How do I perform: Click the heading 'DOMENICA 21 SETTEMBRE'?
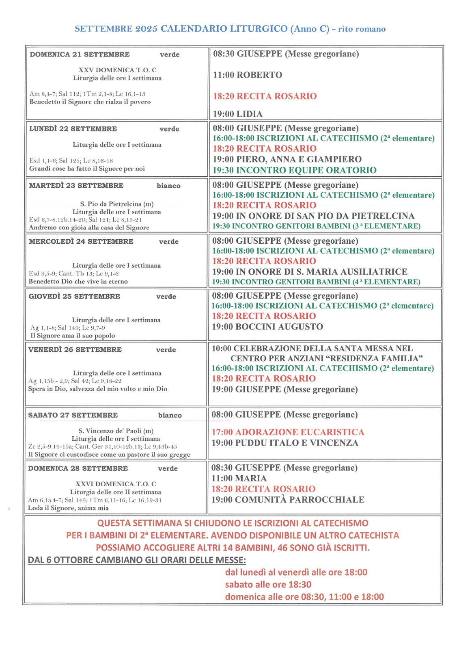tap(80, 54)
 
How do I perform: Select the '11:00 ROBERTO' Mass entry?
tap(248, 75)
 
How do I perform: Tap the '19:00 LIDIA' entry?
tap(238, 114)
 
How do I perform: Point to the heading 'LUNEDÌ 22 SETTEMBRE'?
tap(73, 129)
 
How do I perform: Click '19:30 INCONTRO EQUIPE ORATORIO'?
tap(295, 170)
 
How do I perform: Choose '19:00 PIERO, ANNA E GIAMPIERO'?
tap(287, 159)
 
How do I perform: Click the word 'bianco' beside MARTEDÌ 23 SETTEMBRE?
tap(168, 186)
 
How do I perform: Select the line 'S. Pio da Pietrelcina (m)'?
tap(117, 204)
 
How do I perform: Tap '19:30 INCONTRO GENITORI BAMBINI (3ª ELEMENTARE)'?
tap(316, 226)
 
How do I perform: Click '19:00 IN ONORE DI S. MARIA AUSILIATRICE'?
tap(310, 272)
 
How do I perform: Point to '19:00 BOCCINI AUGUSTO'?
tap(267, 327)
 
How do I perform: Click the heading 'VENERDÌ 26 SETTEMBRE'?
tap(75, 349)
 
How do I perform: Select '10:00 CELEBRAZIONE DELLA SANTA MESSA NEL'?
tap(312, 348)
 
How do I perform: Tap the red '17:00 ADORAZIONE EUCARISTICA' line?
tap(288, 432)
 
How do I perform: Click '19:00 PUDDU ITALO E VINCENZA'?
tap(285, 443)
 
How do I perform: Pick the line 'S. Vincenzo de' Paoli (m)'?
tap(116, 431)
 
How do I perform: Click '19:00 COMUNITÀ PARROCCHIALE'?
tap(288, 499)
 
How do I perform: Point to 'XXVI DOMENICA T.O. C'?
tap(116, 484)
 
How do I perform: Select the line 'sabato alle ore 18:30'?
tap(268, 585)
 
